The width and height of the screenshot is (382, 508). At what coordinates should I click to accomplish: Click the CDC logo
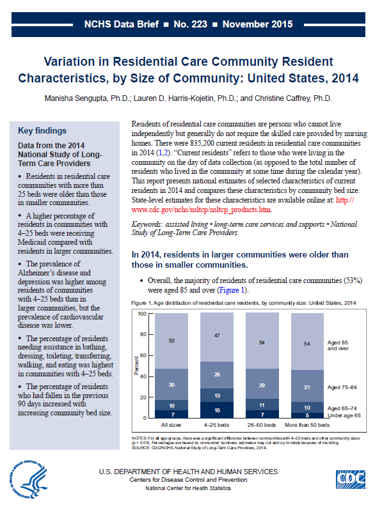tap(351, 479)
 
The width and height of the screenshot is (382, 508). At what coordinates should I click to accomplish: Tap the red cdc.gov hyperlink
tap(243, 204)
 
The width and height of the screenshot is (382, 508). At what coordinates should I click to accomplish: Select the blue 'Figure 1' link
tap(232, 290)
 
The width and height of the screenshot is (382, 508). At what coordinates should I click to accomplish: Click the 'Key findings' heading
tap(42, 130)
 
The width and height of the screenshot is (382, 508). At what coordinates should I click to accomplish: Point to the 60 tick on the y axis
tap(143, 355)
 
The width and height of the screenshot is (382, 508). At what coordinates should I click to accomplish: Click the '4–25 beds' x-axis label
tap(216, 425)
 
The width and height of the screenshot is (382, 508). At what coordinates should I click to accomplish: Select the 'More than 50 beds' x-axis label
tap(307, 425)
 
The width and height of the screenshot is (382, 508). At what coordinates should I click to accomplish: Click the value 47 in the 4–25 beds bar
tap(217, 335)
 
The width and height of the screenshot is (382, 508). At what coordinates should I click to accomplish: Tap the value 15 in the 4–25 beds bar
tap(217, 410)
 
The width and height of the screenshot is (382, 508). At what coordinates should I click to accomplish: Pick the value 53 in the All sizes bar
tap(171, 341)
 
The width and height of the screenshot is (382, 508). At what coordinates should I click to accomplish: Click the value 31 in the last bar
tap(307, 387)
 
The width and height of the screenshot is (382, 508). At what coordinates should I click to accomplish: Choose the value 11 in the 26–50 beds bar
tap(262, 405)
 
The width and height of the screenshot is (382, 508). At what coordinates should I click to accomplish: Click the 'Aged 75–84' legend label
tap(342, 387)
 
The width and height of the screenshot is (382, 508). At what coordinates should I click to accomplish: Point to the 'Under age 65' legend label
tap(344, 415)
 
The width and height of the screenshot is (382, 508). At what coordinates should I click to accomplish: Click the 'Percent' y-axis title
tap(136, 366)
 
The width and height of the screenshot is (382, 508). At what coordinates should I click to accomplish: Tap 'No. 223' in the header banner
tap(191, 24)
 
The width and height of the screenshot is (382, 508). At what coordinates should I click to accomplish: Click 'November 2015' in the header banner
tap(258, 24)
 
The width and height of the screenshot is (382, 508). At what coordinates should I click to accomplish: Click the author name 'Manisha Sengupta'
tap(76, 98)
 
